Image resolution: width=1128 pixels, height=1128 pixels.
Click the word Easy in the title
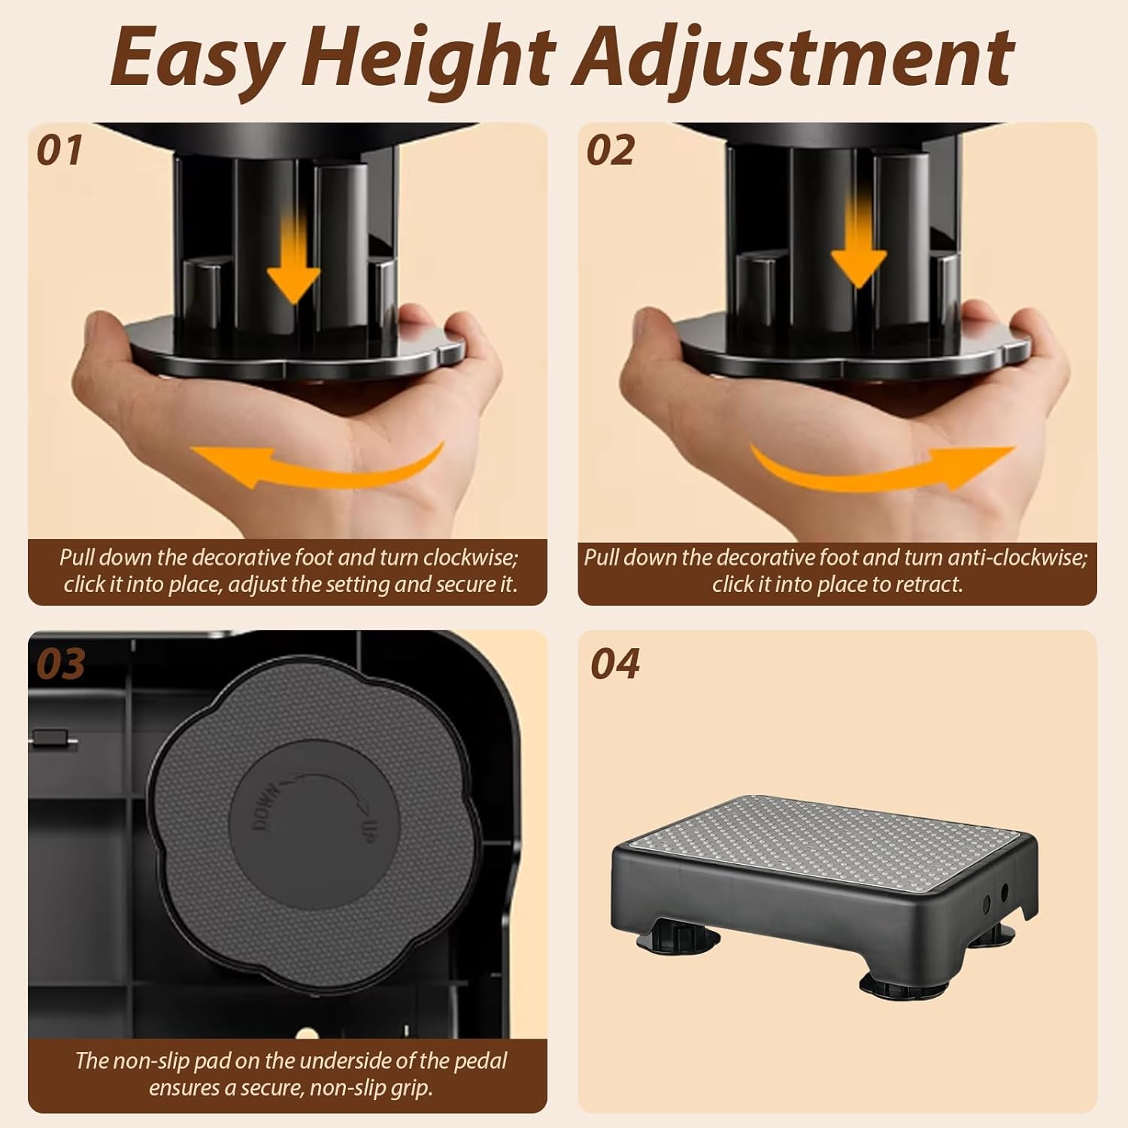tap(197, 58)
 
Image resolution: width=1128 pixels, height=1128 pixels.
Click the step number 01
tap(59, 150)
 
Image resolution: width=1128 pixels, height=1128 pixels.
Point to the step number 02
tap(611, 150)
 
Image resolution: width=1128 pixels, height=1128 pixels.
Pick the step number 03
tap(62, 664)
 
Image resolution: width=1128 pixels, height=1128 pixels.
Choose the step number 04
tap(615, 664)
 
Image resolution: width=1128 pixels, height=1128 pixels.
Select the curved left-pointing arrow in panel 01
tap(316, 470)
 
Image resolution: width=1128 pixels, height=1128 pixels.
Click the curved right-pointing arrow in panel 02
tap(884, 470)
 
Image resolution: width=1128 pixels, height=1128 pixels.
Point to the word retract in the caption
tap(929, 584)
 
